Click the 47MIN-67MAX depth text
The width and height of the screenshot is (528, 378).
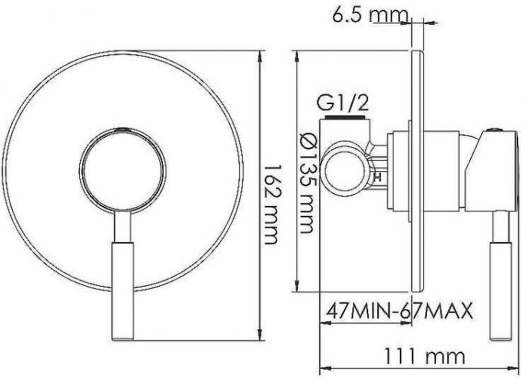[x=399, y=311]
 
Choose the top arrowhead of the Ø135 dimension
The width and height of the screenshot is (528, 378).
[x=296, y=55]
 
